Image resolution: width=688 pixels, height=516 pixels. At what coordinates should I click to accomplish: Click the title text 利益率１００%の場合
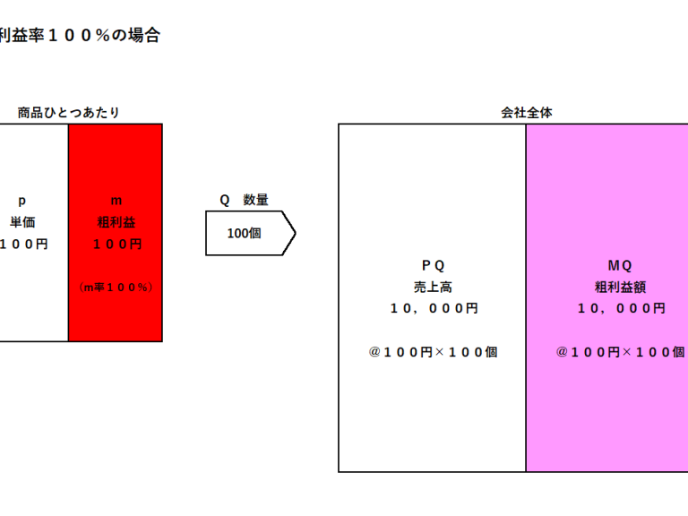[x=80, y=35]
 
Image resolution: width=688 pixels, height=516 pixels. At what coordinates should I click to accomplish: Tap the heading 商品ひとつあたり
[x=68, y=113]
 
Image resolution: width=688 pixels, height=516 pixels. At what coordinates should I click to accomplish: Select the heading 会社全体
[x=527, y=113]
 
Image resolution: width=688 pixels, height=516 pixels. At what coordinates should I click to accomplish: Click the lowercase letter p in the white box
[x=21, y=202]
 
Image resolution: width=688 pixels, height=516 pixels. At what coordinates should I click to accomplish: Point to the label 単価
[x=22, y=222]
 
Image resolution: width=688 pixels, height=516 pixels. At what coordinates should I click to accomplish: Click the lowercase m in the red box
[x=116, y=201]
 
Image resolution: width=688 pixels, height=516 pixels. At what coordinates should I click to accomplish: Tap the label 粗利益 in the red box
[x=116, y=222]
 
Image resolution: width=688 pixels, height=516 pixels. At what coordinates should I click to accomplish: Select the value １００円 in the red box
[x=117, y=244]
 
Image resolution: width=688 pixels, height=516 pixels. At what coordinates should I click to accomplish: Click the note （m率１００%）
[x=116, y=288]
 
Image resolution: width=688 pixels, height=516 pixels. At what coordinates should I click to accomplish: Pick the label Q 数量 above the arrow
[x=244, y=200]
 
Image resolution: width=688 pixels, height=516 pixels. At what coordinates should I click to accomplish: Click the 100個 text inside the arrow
[x=244, y=234]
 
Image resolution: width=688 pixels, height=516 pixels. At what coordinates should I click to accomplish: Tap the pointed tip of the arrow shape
[x=296, y=233]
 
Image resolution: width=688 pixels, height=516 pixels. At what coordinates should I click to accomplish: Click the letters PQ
[x=433, y=265]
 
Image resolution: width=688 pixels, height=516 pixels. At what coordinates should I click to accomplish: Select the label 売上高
[x=433, y=288]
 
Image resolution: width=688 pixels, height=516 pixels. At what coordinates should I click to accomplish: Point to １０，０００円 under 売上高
[x=434, y=308]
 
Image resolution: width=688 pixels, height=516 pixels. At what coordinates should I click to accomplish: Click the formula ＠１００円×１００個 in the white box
[x=433, y=352]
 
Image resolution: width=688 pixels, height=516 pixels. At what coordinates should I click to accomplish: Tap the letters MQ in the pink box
[x=620, y=265]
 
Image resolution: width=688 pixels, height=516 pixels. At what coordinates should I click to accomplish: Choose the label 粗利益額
[x=621, y=288]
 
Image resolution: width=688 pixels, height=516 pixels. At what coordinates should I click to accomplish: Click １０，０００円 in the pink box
[x=622, y=308]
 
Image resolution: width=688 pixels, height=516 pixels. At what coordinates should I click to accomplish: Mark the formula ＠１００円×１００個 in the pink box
[x=621, y=352]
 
